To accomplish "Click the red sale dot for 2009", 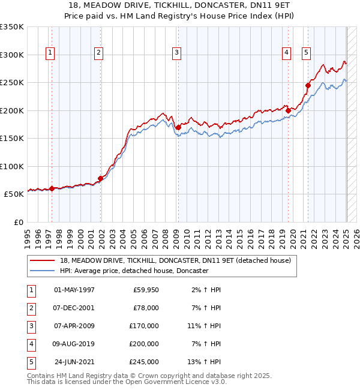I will pyautogui.click(x=178, y=127).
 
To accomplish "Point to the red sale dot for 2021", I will pyautogui.click(x=308, y=85).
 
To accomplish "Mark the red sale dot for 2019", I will pyautogui.click(x=289, y=110).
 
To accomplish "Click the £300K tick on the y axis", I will pyautogui.click(x=12, y=55).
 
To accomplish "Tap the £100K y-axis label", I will pyautogui.click(x=12, y=166).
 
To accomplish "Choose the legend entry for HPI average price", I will pyautogui.click(x=133, y=271).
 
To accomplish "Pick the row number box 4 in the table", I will pyautogui.click(x=30, y=344).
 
